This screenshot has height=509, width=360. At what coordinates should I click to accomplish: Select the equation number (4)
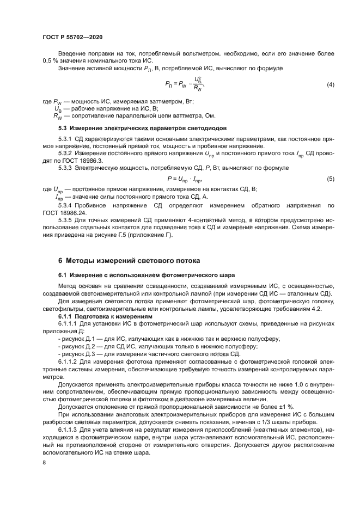(330, 85)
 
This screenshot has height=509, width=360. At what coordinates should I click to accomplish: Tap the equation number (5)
(330, 179)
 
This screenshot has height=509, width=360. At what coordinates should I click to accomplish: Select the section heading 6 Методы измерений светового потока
(129, 260)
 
